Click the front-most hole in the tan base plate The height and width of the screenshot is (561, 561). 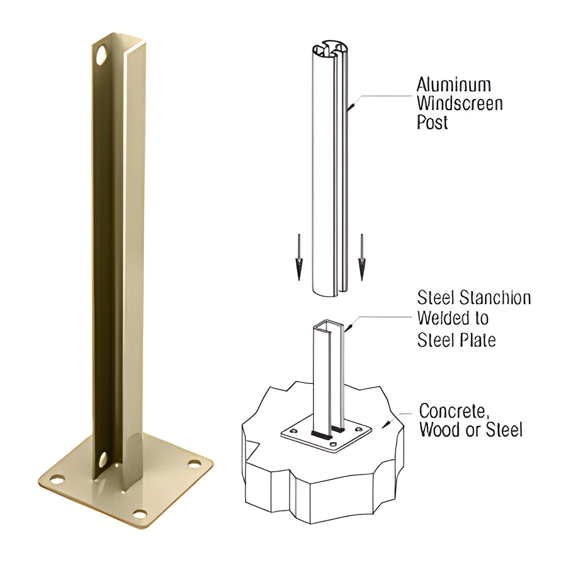(x=139, y=514)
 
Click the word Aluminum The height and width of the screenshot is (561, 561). (x=453, y=85)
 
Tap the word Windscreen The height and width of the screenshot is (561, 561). (x=460, y=103)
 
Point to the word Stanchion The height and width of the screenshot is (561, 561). (x=495, y=298)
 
